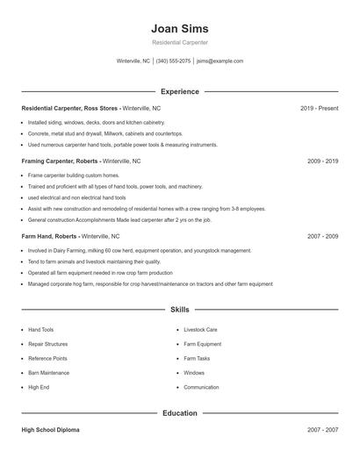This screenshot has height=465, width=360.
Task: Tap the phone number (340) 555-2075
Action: click(173, 61)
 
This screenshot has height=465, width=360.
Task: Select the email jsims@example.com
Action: click(220, 61)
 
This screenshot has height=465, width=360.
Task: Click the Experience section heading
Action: click(179, 91)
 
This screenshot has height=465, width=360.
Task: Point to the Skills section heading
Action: click(179, 310)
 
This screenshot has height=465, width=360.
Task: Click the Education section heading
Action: click(179, 412)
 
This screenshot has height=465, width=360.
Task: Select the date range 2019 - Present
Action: click(319, 108)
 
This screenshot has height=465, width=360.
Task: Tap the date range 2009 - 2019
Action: click(322, 161)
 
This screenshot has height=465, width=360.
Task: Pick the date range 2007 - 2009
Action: click(322, 237)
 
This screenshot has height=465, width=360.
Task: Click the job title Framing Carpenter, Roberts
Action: click(61, 161)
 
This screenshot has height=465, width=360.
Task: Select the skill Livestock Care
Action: click(200, 330)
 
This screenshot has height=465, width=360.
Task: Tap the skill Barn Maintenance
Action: click(48, 373)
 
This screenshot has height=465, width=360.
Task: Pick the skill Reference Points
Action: click(47, 358)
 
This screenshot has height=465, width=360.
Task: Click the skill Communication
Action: click(201, 387)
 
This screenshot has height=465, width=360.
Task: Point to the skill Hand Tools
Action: click(40, 330)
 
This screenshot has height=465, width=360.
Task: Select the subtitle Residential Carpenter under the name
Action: click(179, 42)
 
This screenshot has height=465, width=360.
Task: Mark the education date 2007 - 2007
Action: click(322, 431)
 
